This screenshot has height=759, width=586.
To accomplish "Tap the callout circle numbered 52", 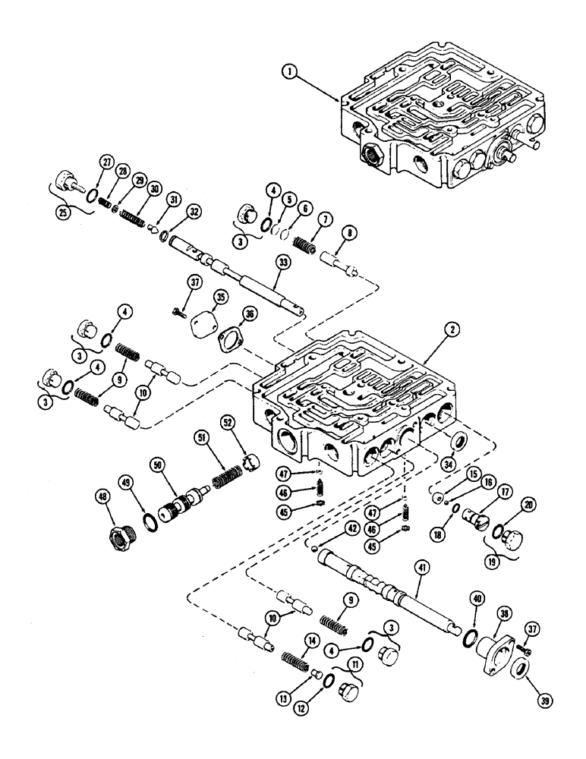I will tap(226, 420).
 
